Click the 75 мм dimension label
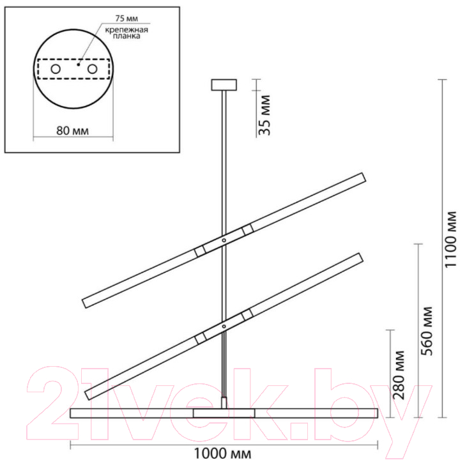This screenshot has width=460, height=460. point(126,18)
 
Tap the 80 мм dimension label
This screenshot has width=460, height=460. point(72,130)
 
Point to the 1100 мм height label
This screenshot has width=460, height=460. point(450,239)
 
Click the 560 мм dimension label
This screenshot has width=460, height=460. point(427,331)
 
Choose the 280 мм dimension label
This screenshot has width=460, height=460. point(399,375)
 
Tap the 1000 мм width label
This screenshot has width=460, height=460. point(223,453)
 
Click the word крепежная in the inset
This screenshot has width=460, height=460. point(126,29)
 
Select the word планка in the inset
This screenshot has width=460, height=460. point(126,36)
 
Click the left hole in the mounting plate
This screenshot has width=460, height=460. point(56,69)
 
